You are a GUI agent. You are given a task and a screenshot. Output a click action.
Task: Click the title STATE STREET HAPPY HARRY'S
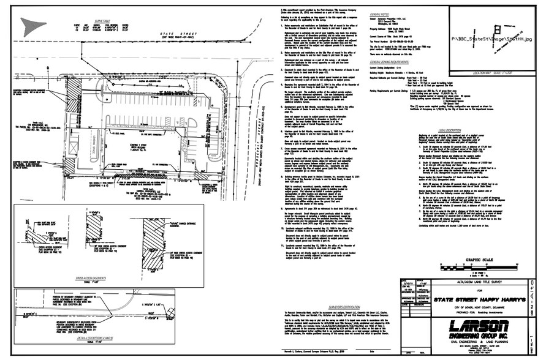coord(460,293)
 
